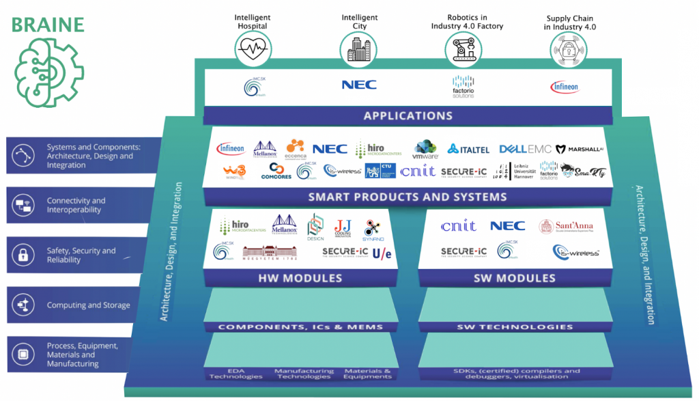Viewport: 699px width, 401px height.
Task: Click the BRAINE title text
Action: pos(47,25)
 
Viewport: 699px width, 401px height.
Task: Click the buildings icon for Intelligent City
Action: pos(358,48)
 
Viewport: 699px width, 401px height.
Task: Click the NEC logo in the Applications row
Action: pos(358,85)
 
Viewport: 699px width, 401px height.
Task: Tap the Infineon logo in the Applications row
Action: pos(565,87)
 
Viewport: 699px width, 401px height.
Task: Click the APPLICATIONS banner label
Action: pos(408,115)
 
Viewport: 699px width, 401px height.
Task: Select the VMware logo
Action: pos(425,150)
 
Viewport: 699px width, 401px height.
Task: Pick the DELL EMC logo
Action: pos(524,149)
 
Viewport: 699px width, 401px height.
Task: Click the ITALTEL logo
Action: pos(471,149)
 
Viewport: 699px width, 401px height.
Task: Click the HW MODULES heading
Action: pos(300,278)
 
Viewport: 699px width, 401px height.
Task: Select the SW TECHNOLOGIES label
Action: pos(515,327)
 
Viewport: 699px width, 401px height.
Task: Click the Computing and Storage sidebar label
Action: pos(88,305)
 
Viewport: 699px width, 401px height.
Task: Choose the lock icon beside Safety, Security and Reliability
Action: pos(23,255)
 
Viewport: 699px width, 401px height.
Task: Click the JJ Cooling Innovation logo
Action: pos(343,227)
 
